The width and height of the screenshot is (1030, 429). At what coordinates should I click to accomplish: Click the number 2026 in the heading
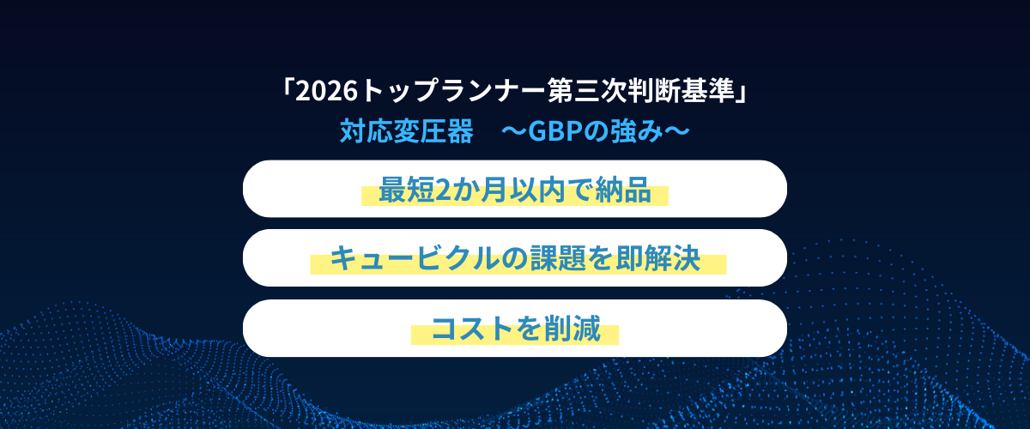click(326, 91)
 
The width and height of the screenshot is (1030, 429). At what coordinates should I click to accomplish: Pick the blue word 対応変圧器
click(407, 131)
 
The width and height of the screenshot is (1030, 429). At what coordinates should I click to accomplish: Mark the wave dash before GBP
click(514, 131)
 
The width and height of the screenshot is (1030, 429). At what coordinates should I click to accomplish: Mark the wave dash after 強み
click(677, 131)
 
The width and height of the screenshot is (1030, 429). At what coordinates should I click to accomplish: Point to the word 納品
click(623, 190)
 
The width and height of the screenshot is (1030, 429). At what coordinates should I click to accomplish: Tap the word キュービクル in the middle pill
click(415, 258)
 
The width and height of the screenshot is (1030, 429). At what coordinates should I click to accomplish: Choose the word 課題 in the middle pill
click(558, 258)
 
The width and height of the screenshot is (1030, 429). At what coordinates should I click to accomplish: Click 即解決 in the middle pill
click(658, 258)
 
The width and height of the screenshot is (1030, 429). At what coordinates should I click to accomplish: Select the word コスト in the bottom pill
click(473, 329)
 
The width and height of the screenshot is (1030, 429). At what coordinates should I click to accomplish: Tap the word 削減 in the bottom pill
click(573, 329)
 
